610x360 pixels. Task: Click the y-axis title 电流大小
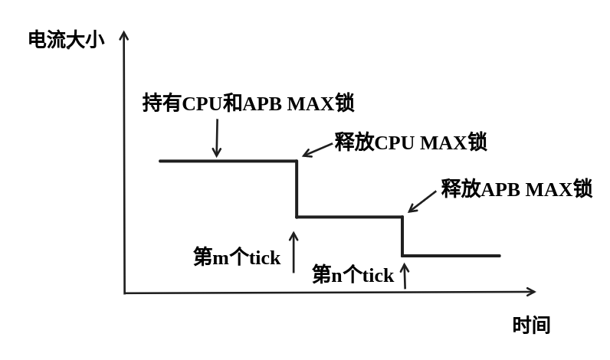coord(66,40)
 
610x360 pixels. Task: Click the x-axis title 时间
coord(531,326)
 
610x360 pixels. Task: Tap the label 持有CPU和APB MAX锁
coord(248,103)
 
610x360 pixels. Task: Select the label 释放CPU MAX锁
coord(410,142)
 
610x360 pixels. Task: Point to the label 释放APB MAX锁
coord(516,188)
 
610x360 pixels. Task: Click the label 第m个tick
coord(236,257)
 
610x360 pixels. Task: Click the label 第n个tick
coord(353,275)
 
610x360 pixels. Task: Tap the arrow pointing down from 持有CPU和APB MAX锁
coord(217,138)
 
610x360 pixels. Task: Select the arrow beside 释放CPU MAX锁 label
coord(317,150)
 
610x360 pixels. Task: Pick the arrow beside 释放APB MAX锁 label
coord(422,201)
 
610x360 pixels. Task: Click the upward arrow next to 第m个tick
coord(294,252)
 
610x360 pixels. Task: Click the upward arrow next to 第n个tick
coord(405,276)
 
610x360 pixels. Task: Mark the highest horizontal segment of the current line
coord(228,161)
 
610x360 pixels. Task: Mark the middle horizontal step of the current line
coord(349,217)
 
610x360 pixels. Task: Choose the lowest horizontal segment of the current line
coord(451,256)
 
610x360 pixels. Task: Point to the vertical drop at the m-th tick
coord(297,189)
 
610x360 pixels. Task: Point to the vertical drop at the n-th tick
coord(402,237)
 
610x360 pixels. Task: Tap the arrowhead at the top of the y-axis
coord(124,35)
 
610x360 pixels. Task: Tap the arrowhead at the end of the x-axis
coord(530,291)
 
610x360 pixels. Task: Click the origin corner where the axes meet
coord(125,293)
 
